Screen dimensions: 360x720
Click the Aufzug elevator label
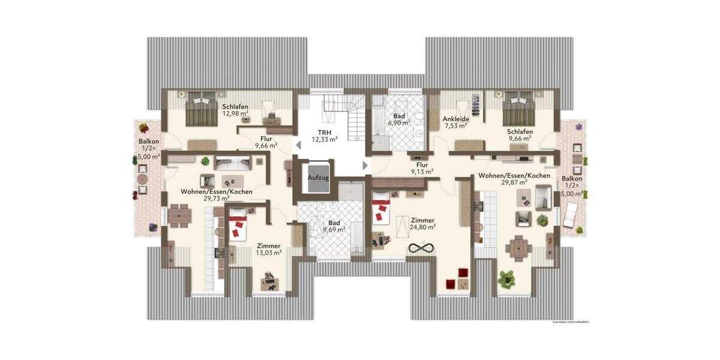tap(317, 178)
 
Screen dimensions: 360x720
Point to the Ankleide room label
tap(455, 119)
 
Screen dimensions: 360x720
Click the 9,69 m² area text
tap(334, 229)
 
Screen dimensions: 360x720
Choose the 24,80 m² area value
tap(423, 227)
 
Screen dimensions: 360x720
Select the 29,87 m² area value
tap(514, 183)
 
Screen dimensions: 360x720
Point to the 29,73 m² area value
tap(217, 199)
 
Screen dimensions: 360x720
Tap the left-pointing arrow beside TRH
tap(296, 145)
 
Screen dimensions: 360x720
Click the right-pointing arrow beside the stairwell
tap(365, 164)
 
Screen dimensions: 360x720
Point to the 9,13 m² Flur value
tap(422, 171)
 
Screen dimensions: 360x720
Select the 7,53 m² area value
tap(455, 127)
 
